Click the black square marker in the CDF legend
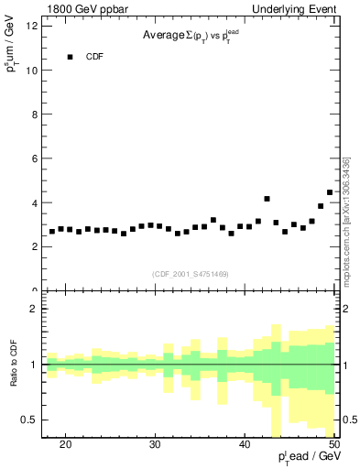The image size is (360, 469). coord(70,57)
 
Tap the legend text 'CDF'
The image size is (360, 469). coord(95,57)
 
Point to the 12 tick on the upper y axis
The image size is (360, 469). coord(32,26)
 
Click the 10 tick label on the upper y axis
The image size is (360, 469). coord(32,71)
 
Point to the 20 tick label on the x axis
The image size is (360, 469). coord(65,444)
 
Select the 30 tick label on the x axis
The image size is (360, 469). coord(155,444)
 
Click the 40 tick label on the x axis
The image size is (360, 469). coord(245,444)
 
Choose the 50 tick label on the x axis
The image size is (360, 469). coord(333,444)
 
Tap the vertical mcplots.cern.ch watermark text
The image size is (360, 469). coord(346,220)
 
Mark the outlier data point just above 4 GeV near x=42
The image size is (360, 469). coord(267,199)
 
